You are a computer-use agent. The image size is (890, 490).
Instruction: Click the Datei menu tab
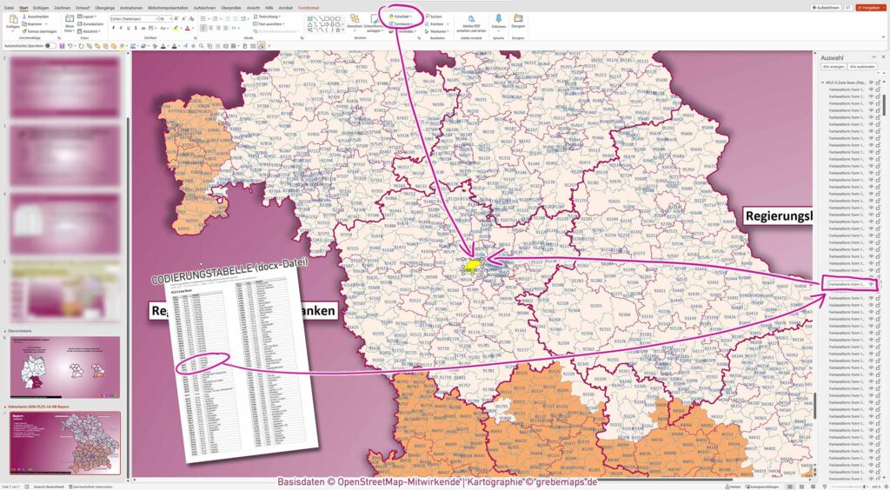coord(9,8)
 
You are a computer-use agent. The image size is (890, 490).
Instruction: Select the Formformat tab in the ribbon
coord(308,8)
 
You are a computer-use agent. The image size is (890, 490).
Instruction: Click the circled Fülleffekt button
coord(402,16)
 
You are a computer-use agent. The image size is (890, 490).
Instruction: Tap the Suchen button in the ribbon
coord(435,16)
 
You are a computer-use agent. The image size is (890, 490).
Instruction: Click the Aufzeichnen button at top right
coord(827,8)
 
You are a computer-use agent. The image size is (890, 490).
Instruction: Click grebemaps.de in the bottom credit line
coord(568,481)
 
